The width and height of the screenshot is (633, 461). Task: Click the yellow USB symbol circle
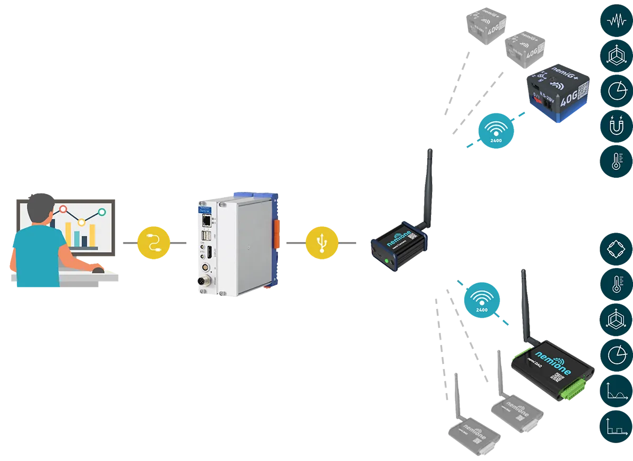[321, 243]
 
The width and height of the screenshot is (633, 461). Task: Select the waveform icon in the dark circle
[616, 21]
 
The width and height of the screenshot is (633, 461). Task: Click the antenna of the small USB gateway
[427, 185]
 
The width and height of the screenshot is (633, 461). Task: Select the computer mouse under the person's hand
[98, 270]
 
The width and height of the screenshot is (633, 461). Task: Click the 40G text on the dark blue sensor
[569, 99]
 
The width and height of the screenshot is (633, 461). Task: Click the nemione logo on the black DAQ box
[553, 362]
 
